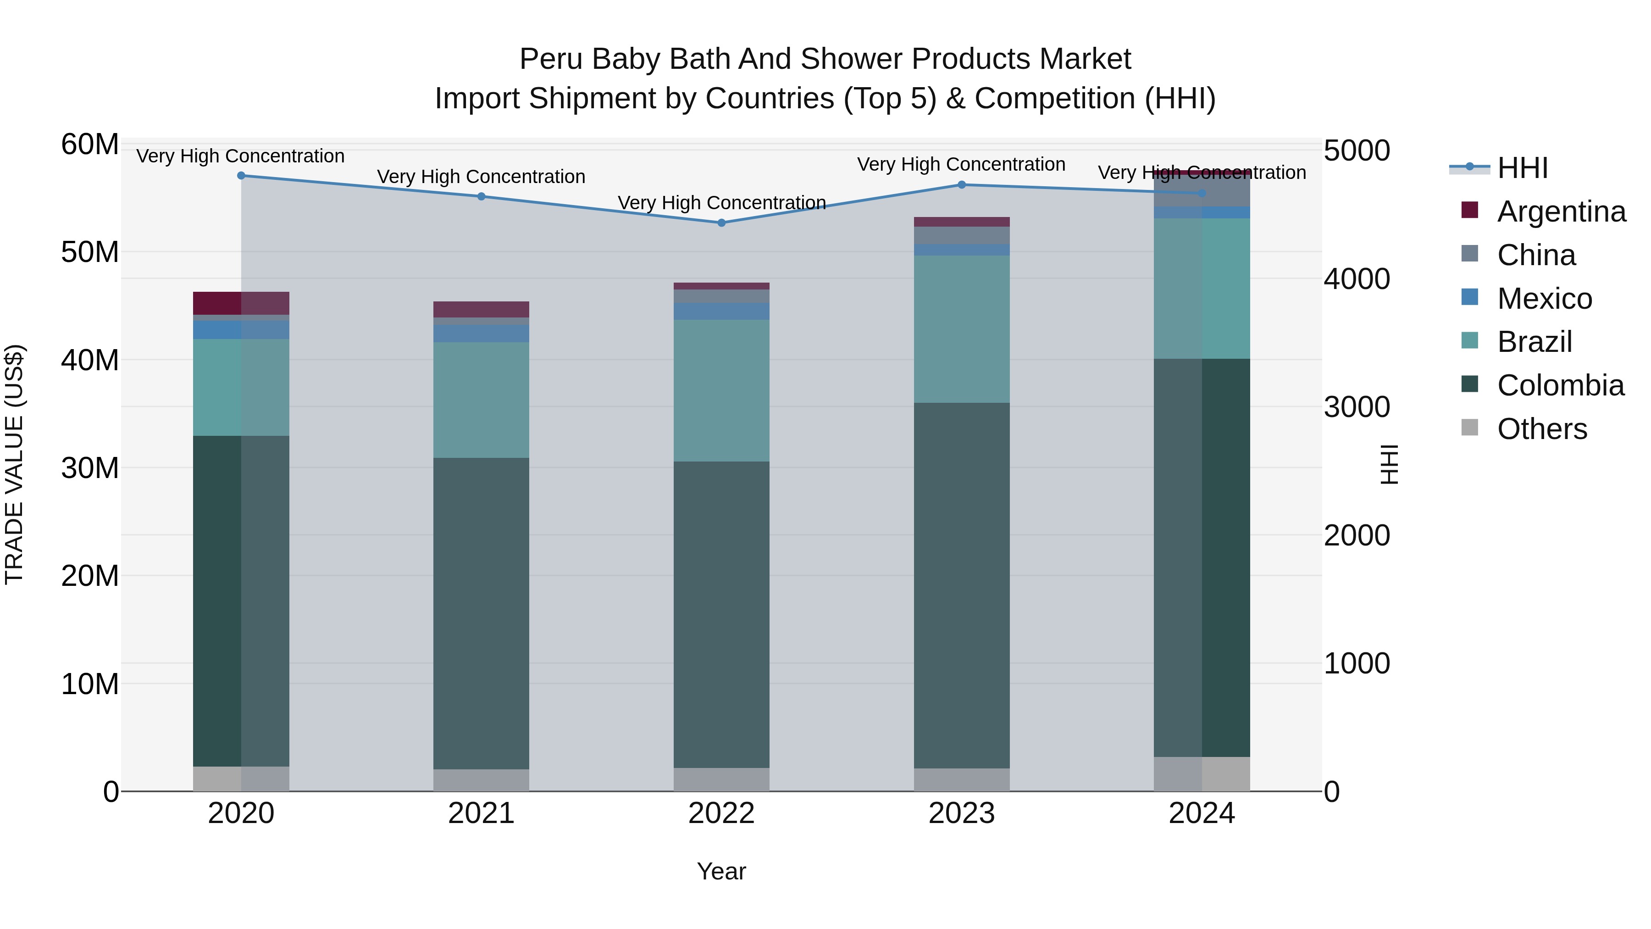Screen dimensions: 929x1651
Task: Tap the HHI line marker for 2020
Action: pos(241,175)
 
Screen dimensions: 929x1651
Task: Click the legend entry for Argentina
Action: pos(1561,211)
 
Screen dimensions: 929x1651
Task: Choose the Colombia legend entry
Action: pos(1560,385)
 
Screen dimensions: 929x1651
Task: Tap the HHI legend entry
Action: pos(1522,168)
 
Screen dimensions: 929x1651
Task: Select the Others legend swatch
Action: pos(1470,428)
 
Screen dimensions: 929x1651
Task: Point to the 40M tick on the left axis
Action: pos(90,360)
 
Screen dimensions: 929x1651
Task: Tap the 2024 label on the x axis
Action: pos(1201,813)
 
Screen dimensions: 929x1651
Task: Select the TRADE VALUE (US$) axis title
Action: pos(14,464)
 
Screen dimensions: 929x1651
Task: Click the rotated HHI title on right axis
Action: pos(1388,464)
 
